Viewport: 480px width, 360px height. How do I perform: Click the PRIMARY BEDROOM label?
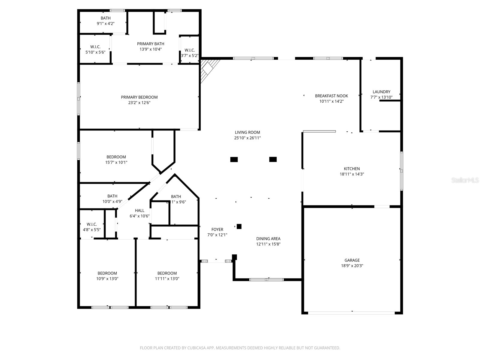tap(139, 97)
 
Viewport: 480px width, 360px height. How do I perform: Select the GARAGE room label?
tap(352, 260)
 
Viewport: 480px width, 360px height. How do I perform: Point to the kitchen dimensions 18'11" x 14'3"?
tap(352, 174)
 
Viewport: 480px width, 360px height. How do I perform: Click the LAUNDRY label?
tap(381, 92)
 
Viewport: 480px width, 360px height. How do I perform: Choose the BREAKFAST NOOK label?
tap(331, 96)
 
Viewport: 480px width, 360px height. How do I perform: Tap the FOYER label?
tap(217, 229)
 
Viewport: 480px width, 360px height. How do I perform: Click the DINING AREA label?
tap(268, 239)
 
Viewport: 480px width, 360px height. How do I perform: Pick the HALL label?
tap(139, 211)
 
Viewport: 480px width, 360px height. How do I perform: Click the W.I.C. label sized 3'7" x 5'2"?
tap(190, 50)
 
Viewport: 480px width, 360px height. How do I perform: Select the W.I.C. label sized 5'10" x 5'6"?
tap(95, 47)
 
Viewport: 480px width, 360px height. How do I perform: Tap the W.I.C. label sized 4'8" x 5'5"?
tap(92, 224)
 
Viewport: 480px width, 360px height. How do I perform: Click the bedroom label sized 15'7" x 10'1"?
tap(116, 157)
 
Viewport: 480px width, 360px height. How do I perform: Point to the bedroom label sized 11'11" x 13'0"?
tap(167, 273)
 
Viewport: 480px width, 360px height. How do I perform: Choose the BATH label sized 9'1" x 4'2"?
tap(106, 18)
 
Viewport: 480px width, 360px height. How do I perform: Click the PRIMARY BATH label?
tap(151, 44)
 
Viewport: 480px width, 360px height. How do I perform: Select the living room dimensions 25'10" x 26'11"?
tap(247, 138)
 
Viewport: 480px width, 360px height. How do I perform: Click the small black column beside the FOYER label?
tap(239, 226)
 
